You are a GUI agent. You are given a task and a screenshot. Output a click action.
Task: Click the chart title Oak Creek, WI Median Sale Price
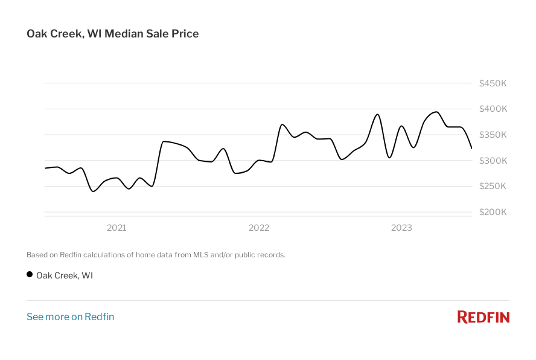pyautogui.click(x=112, y=34)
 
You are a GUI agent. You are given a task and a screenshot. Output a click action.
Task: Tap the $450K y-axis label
pyautogui.click(x=493, y=83)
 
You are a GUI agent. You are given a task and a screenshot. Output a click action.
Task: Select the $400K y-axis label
pyautogui.click(x=493, y=109)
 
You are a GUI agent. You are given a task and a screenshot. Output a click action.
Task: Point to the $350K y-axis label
pyautogui.click(x=493, y=135)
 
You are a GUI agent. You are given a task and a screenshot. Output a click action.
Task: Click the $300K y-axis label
pyautogui.click(x=493, y=161)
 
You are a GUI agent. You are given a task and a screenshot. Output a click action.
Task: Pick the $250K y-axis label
pyautogui.click(x=493, y=186)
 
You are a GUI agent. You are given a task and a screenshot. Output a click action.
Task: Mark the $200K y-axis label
pyautogui.click(x=493, y=212)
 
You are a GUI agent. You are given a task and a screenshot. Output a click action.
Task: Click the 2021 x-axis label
pyautogui.click(x=116, y=228)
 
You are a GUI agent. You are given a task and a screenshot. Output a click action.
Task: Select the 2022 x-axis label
pyautogui.click(x=259, y=228)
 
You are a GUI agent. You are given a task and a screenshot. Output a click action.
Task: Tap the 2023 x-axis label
pyautogui.click(x=401, y=228)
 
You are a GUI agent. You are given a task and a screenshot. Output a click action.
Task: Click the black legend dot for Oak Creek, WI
pyautogui.click(x=30, y=275)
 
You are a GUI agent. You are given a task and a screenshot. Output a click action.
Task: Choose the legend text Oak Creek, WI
pyautogui.click(x=65, y=275)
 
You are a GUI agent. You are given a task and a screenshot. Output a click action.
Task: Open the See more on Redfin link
pyautogui.click(x=70, y=317)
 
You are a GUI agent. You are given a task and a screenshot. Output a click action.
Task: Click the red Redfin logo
pyautogui.click(x=483, y=317)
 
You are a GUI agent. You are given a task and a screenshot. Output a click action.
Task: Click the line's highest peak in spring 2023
pyautogui.click(x=436, y=112)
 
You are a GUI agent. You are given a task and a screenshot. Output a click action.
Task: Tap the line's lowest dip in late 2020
pyautogui.click(x=93, y=191)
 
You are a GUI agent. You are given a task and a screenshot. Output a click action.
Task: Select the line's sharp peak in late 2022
pyautogui.click(x=378, y=114)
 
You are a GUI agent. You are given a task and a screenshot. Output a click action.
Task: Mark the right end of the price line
pyautogui.click(x=471, y=148)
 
